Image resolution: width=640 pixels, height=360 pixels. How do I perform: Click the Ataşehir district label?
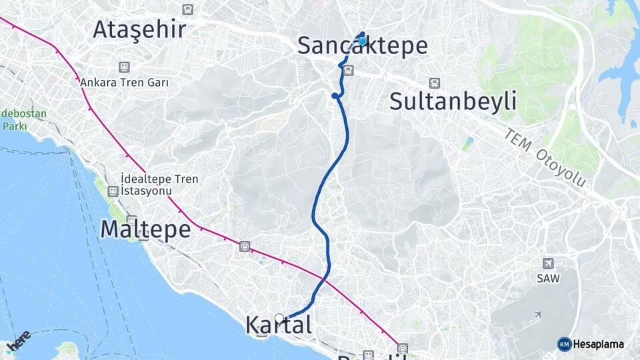(139, 29)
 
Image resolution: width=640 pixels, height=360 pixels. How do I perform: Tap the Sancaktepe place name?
(362, 46)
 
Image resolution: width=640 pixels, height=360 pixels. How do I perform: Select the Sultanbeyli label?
(453, 101)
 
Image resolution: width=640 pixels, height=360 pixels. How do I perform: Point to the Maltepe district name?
(145, 229)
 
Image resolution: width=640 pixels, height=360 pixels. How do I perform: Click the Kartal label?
(279, 325)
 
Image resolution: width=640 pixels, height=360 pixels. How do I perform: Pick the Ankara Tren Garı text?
(124, 83)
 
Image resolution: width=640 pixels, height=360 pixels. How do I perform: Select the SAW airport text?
(548, 279)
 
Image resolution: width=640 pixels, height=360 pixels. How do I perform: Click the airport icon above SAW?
(548, 263)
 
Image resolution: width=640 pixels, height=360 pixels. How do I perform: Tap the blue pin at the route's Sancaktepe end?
(362, 41)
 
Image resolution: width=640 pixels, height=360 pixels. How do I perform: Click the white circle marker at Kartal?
(279, 318)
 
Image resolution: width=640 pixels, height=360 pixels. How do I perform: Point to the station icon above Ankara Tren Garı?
(123, 67)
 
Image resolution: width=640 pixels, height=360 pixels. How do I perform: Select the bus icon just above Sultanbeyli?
(435, 83)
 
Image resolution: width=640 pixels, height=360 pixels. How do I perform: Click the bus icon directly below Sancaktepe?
(348, 69)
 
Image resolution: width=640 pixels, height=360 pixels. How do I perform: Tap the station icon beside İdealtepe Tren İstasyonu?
(113, 191)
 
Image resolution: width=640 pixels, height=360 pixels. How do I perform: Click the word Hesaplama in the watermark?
(598, 344)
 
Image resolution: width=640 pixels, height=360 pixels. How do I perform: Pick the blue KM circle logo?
(564, 344)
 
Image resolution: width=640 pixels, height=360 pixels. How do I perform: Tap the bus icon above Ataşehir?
(188, 9)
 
